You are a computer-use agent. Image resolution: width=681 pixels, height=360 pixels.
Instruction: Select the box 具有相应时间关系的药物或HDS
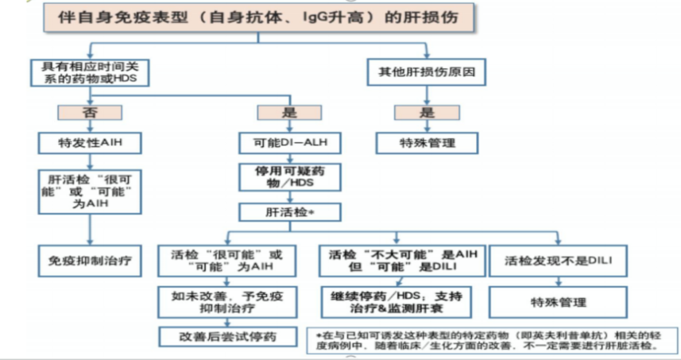(x=90, y=74)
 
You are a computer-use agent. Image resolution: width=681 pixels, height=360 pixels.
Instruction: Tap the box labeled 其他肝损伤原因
(x=426, y=74)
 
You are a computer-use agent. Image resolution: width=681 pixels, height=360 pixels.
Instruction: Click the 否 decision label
(x=90, y=112)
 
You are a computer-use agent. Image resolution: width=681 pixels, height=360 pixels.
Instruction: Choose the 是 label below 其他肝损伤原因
(x=426, y=112)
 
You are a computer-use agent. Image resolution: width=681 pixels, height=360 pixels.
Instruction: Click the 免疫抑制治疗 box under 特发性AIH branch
(x=90, y=259)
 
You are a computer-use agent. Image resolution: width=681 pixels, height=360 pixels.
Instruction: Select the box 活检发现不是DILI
(x=557, y=260)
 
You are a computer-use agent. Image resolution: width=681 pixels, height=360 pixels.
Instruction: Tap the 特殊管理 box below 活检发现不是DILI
(x=557, y=302)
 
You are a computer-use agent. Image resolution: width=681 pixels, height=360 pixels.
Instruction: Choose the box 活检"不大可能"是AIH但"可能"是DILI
(x=397, y=260)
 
